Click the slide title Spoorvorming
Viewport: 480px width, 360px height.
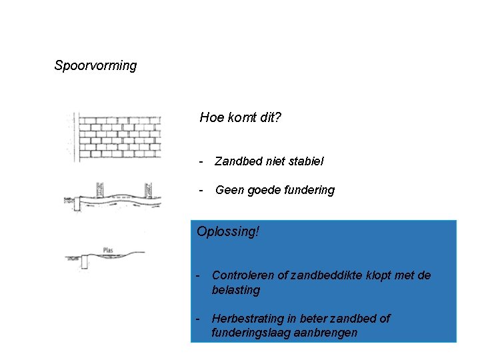tap(95, 65)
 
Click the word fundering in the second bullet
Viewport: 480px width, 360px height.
tap(309, 190)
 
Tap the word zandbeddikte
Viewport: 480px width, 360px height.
tap(322, 275)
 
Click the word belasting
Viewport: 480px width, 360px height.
tap(236, 290)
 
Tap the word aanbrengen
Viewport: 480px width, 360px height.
tap(327, 333)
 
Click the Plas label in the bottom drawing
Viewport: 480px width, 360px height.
tap(108, 250)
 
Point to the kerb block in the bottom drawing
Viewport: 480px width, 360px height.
tap(85, 261)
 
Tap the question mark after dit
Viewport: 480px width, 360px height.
tap(277, 118)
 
